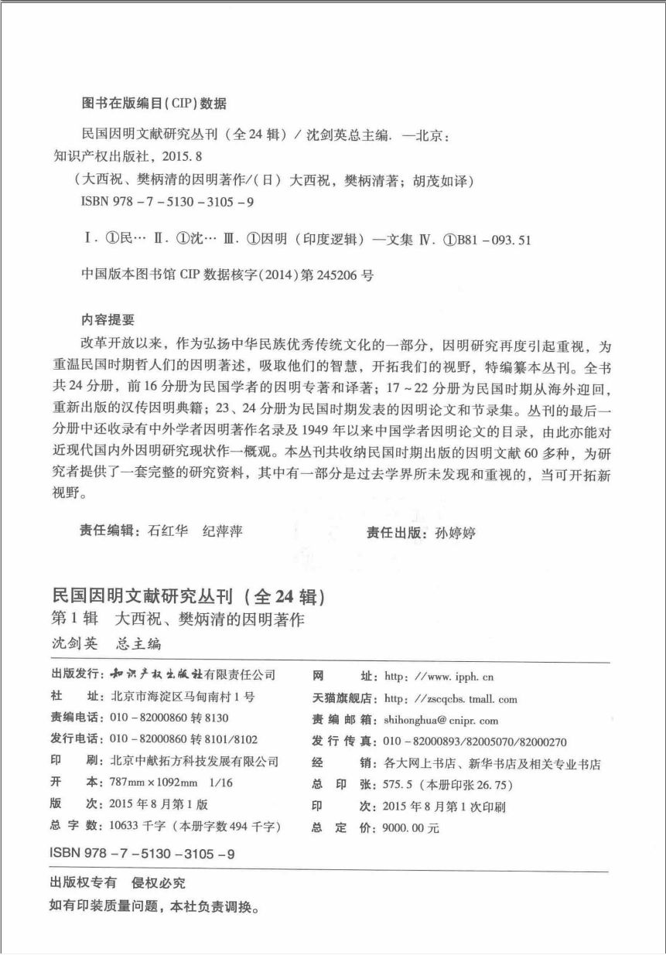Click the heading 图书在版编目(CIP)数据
pyautogui.click(x=153, y=102)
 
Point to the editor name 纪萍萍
pyautogui.click(x=225, y=531)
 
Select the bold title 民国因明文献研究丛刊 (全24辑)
pyautogui.click(x=186, y=597)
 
